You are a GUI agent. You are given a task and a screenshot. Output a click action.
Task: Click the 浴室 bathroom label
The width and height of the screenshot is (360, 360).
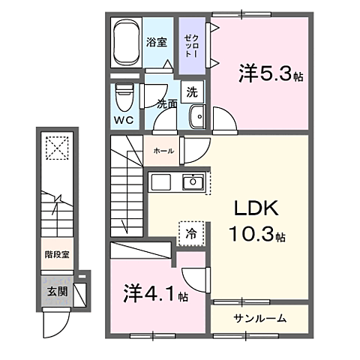tap(156, 43)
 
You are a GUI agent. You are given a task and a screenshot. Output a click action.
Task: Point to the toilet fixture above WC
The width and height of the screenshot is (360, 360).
tap(125, 95)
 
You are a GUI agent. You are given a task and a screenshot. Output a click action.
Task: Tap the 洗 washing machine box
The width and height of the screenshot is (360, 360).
tap(192, 93)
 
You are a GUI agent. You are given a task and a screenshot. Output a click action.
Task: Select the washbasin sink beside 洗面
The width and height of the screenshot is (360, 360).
tap(198, 117)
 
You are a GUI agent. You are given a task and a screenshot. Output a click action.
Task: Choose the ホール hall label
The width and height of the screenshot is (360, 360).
tap(163, 151)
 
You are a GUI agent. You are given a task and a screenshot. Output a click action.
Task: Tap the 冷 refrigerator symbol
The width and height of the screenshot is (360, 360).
tap(190, 233)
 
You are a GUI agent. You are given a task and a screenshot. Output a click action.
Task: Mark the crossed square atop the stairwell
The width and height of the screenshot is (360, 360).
tap(55, 147)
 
